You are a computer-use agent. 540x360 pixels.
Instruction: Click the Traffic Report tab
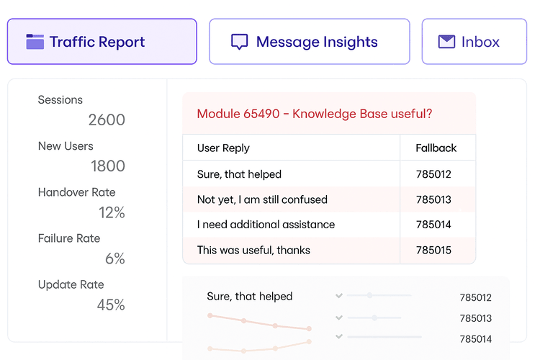102,42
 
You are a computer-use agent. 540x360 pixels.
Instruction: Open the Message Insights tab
309,42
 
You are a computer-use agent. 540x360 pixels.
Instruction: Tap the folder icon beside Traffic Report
35,42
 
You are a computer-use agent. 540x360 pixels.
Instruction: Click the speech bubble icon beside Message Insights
239,42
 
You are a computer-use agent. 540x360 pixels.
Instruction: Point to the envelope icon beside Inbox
447,42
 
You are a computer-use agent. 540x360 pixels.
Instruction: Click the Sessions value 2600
107,120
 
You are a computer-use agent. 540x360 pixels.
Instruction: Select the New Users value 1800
108,166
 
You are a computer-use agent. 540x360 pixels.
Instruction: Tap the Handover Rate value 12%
112,212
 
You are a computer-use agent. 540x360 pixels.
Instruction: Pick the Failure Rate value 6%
115,258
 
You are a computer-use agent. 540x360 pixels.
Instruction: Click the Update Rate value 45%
111,305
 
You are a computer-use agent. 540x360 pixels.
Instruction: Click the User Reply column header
223,148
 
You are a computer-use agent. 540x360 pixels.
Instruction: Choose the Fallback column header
436,148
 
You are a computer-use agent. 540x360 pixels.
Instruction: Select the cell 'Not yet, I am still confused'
262,199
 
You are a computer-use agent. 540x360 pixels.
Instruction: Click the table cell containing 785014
433,225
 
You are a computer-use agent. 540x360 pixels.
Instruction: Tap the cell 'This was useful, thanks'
253,251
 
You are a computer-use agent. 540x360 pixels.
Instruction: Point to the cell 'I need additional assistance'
266,225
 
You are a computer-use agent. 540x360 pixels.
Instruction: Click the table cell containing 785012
433,174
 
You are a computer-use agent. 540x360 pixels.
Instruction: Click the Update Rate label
71,284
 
